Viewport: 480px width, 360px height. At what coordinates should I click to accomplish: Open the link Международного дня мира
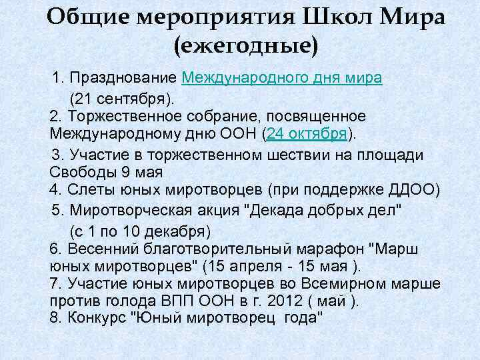[x=281, y=78]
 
